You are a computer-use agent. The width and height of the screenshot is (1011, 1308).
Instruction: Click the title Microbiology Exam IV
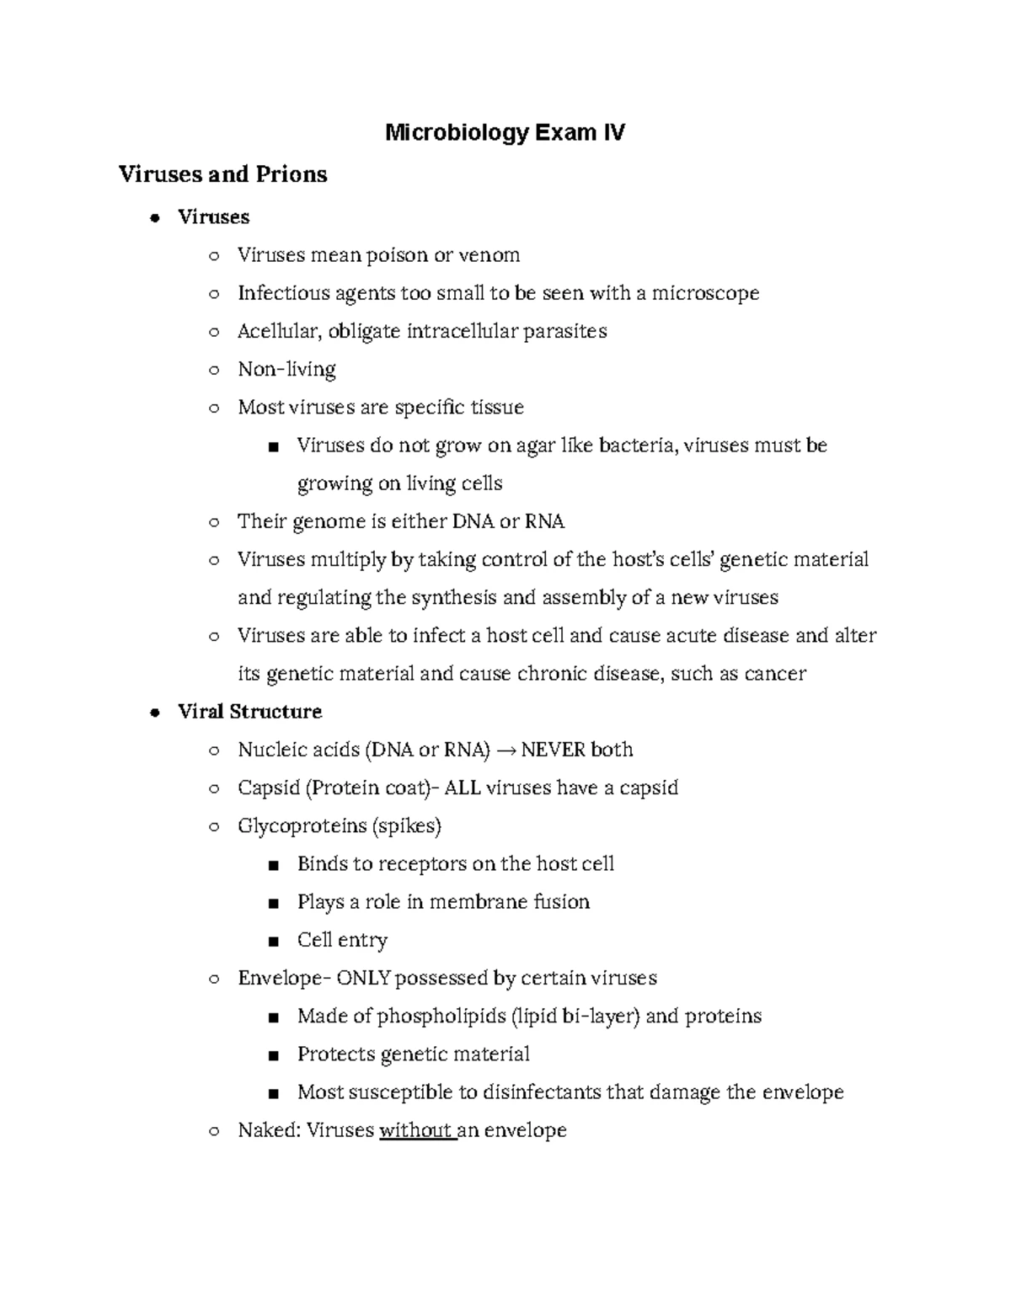coord(505,133)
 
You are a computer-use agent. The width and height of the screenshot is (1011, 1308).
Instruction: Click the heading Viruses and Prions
coord(222,174)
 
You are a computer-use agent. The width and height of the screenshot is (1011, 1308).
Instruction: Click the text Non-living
coord(286,369)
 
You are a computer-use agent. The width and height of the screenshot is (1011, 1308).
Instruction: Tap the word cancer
coord(777,674)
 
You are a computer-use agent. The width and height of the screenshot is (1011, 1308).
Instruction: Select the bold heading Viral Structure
coord(249,712)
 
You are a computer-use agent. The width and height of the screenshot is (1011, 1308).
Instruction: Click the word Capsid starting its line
coord(268,788)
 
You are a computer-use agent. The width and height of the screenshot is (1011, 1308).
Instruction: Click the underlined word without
coord(415,1130)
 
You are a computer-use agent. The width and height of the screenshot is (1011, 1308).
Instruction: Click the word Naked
coord(267,1130)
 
